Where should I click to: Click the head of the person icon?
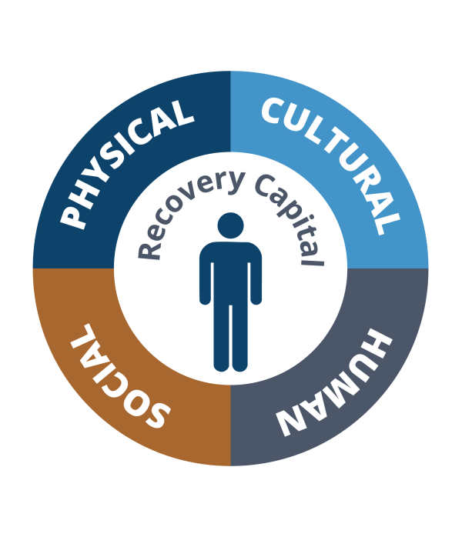click(x=231, y=225)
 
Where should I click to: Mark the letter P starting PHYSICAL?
click(x=73, y=215)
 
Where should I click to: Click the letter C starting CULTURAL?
click(x=275, y=111)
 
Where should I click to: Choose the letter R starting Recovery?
click(x=149, y=250)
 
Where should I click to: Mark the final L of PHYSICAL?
click(x=182, y=112)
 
